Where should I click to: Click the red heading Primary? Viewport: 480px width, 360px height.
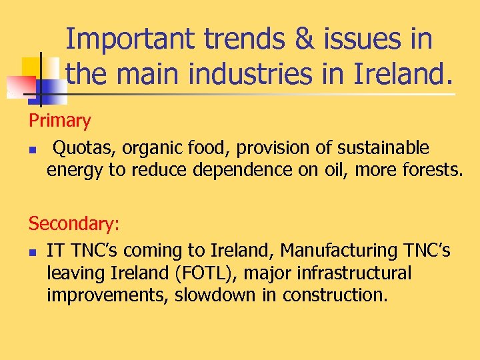pyautogui.click(x=59, y=121)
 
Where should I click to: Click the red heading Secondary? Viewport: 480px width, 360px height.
pyautogui.click(x=74, y=224)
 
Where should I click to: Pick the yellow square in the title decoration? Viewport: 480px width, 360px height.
pyautogui.click(x=31, y=67)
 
